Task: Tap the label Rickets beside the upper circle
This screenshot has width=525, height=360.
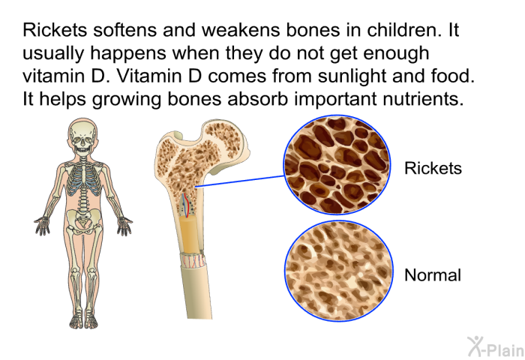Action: (x=433, y=168)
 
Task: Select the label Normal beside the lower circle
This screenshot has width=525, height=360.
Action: (x=433, y=275)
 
